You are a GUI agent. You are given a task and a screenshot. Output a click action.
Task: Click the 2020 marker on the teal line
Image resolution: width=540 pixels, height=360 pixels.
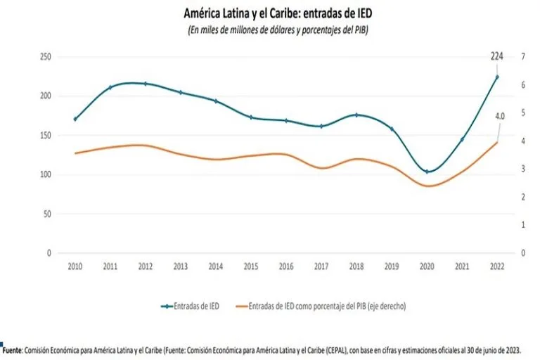click(x=425, y=172)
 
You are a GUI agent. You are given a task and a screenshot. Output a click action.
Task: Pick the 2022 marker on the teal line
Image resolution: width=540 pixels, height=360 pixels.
click(x=497, y=77)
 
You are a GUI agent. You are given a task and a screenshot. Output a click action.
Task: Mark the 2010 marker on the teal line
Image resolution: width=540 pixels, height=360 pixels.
click(x=75, y=119)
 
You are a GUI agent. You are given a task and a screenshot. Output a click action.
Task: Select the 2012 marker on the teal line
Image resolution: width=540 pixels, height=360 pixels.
click(x=146, y=84)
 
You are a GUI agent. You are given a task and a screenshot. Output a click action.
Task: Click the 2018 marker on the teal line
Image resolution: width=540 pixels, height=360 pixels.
click(x=356, y=115)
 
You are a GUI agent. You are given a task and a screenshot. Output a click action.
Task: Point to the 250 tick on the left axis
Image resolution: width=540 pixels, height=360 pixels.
click(x=47, y=57)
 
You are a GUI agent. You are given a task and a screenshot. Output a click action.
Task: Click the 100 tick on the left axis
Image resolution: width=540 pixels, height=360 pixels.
click(x=47, y=174)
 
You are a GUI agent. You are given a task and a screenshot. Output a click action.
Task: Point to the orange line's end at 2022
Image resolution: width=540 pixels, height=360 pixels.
click(x=497, y=142)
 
